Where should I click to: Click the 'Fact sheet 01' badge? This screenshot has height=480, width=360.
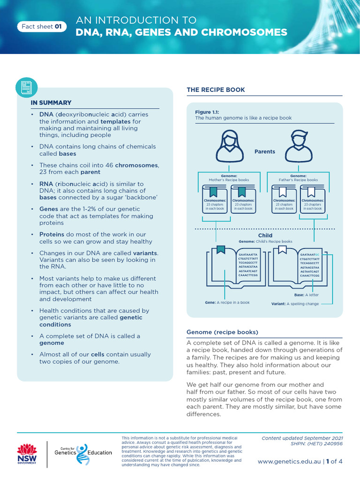pyautogui.click(x=42, y=27)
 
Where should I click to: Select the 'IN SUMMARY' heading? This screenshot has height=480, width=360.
pyautogui.click(x=51, y=103)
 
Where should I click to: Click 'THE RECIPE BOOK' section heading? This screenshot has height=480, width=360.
pyautogui.click(x=216, y=90)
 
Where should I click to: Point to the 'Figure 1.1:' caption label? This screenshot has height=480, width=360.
pyautogui.click(x=207, y=112)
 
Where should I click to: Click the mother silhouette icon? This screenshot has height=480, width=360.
pyautogui.click(x=229, y=146)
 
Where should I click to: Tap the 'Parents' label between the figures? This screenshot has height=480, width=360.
pyautogui.click(x=265, y=152)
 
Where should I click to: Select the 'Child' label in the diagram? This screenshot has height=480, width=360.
pyautogui.click(x=265, y=235)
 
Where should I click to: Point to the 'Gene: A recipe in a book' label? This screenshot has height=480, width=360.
pyautogui.click(x=227, y=303)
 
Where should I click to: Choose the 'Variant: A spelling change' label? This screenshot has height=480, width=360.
pyautogui.click(x=295, y=304)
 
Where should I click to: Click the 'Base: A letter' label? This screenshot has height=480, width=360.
pyautogui.click(x=306, y=295)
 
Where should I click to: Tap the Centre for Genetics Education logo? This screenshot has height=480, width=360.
pyautogui.click(x=83, y=452)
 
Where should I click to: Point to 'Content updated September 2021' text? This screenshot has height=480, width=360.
pyautogui.click(x=302, y=438)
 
